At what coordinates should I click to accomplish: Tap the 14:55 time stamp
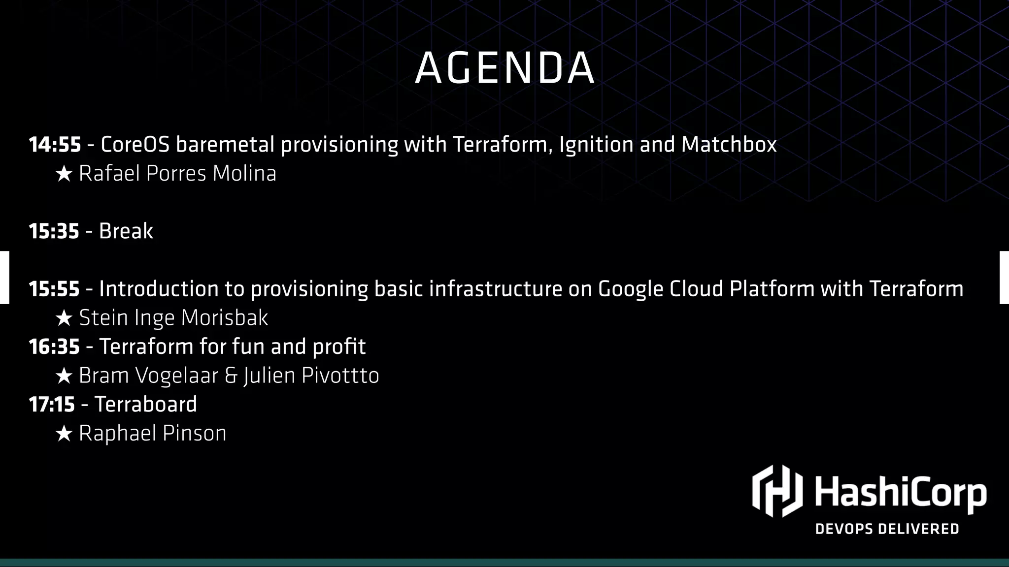tap(55, 145)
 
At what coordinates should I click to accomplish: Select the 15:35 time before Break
tap(54, 231)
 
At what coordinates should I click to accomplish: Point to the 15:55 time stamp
tap(54, 289)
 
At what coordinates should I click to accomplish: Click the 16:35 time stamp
tap(54, 347)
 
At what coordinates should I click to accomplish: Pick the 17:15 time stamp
tap(52, 405)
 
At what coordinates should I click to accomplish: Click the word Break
tap(126, 231)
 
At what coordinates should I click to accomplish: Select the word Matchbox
tap(729, 145)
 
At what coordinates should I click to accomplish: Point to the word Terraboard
tap(146, 405)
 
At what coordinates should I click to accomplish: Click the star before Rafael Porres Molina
tap(64, 174)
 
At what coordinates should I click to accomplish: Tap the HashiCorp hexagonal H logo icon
tap(777, 491)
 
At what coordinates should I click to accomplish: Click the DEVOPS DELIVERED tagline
tap(887, 529)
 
